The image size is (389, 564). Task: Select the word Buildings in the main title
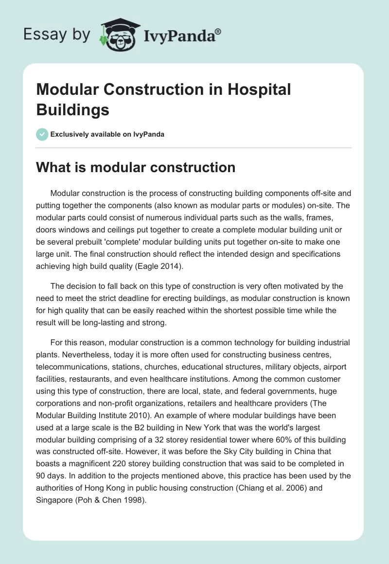coord(73,109)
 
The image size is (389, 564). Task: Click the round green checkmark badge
coord(42,134)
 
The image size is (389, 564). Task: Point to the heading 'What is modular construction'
coord(136,168)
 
